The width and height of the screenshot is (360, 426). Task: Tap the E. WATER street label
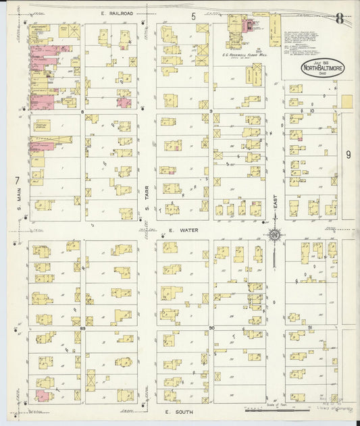[184, 230]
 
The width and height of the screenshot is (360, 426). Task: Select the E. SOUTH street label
[180, 411]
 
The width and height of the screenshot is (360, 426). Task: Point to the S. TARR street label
[147, 192]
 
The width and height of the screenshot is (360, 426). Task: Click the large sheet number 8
[339, 18]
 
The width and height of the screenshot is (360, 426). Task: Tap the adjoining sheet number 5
[193, 16]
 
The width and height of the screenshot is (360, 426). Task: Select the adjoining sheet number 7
[16, 180]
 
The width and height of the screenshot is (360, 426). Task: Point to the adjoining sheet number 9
[349, 155]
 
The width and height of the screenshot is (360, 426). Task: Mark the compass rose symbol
[275, 235]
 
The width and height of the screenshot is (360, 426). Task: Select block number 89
[82, 327]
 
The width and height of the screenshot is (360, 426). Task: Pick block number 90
[211, 327]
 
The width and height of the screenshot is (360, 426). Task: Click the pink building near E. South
[43, 396]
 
